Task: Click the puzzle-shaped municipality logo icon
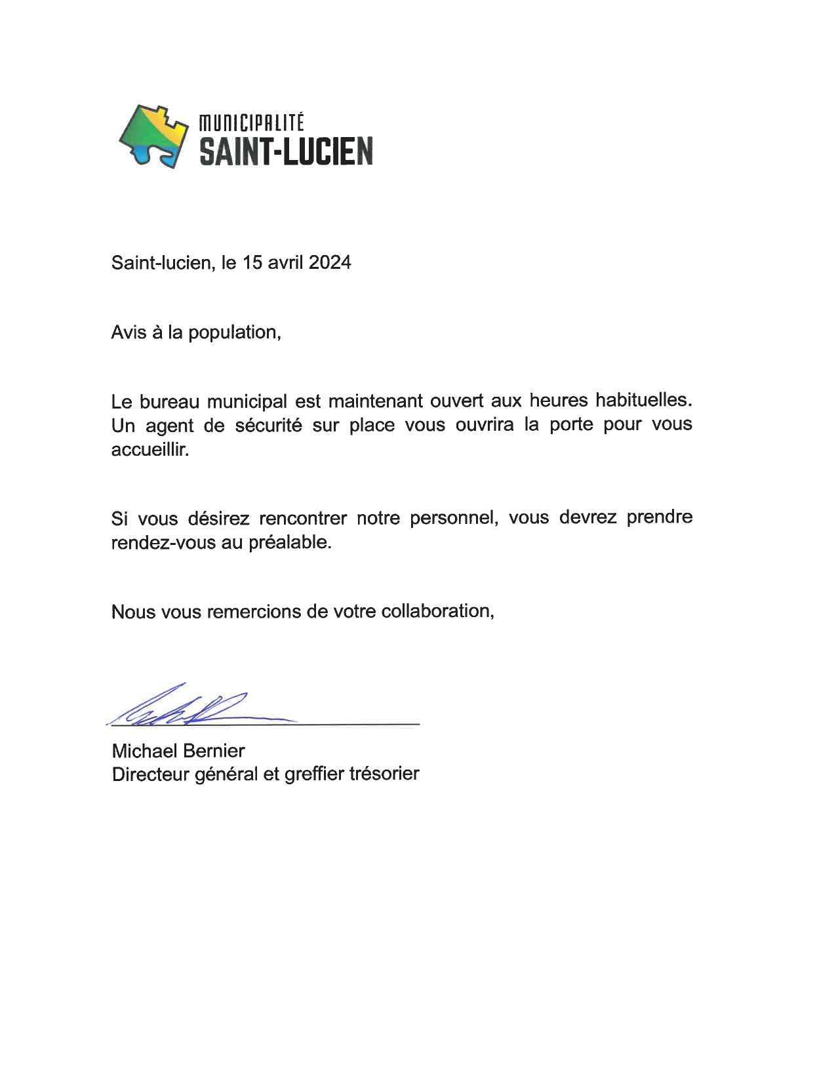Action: pyautogui.click(x=153, y=136)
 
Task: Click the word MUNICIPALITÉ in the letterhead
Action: pyautogui.click(x=252, y=123)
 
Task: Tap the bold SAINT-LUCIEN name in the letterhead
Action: pyautogui.click(x=286, y=151)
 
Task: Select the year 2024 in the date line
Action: pyautogui.click(x=330, y=263)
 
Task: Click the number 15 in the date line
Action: pyautogui.click(x=252, y=263)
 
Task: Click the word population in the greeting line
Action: pyautogui.click(x=234, y=332)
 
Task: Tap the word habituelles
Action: pyautogui.click(x=643, y=399)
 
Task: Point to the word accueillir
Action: pyautogui.click(x=149, y=451)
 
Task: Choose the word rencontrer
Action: pyautogui.click(x=302, y=518)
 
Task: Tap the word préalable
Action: pyautogui.click(x=290, y=543)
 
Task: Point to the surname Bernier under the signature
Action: pyautogui.click(x=214, y=751)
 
